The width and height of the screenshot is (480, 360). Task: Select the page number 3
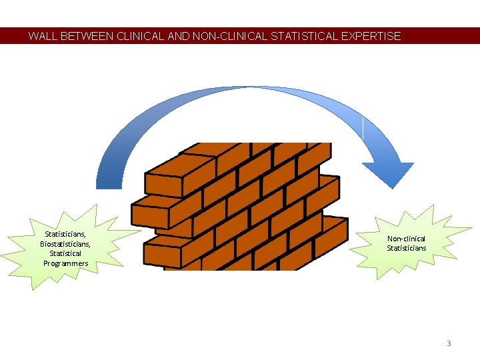pyautogui.click(x=449, y=343)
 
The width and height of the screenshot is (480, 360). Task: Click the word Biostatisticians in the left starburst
pyautogui.click(x=65, y=244)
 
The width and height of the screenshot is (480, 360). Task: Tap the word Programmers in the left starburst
pyautogui.click(x=65, y=263)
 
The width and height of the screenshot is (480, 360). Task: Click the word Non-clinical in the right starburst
pyautogui.click(x=407, y=239)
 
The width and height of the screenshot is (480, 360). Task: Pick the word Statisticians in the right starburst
pyautogui.click(x=407, y=248)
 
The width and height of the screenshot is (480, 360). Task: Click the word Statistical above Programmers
pyautogui.click(x=65, y=253)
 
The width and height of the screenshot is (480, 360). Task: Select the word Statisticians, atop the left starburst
pyautogui.click(x=65, y=235)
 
